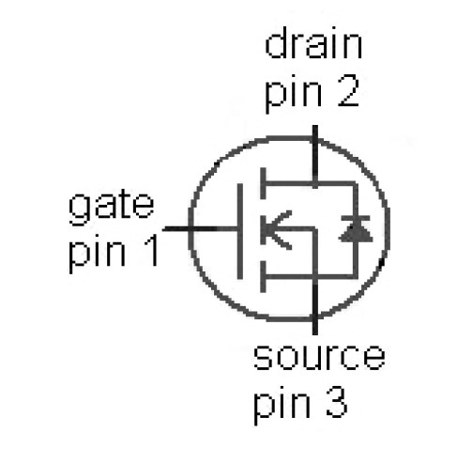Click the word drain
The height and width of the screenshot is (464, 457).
[x=313, y=43]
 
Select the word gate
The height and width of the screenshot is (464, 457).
[x=111, y=208]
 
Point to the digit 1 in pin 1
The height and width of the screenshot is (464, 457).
[x=151, y=250]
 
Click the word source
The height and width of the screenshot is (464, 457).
[x=319, y=357]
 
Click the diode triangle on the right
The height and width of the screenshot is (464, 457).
[x=356, y=232]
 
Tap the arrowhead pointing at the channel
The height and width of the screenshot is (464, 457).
[x=278, y=229]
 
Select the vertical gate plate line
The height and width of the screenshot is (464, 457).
[x=240, y=231]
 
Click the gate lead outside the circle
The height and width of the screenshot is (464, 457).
[x=176, y=229]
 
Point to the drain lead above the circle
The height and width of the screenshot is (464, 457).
[x=315, y=131]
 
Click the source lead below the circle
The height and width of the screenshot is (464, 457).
[x=315, y=327]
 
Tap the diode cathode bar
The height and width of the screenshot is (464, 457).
[x=356, y=218]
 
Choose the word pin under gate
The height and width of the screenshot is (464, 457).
[x=97, y=254]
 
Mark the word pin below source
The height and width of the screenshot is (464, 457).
[x=281, y=406]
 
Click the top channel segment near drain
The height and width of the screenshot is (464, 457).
[x=263, y=183]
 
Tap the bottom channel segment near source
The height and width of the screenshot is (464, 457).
[x=263, y=277]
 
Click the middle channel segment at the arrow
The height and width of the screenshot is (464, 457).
[x=263, y=229]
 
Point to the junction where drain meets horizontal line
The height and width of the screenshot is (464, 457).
[x=315, y=183]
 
